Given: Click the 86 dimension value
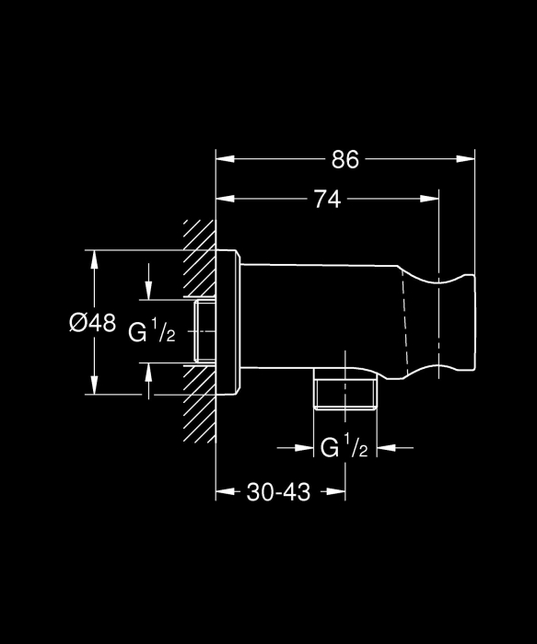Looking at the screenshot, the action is [x=345, y=159].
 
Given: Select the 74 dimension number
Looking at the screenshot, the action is [x=328, y=200].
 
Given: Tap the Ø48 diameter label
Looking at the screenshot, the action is [x=92, y=322].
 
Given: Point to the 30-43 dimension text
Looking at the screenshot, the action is [x=278, y=491].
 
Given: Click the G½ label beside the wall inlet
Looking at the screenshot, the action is [x=152, y=330].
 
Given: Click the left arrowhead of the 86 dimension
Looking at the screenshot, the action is [x=226, y=159].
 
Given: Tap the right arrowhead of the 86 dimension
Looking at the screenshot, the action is [x=465, y=159].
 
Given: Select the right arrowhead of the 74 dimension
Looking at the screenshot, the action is [x=429, y=199].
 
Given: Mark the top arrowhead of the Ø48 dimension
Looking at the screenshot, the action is [x=95, y=259].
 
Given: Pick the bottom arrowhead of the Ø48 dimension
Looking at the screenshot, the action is [x=95, y=385].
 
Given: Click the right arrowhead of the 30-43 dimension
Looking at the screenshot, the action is [x=336, y=491].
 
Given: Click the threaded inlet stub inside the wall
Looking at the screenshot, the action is [x=204, y=331].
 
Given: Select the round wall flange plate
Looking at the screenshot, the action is [x=228, y=322].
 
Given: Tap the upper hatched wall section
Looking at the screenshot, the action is [x=200, y=259].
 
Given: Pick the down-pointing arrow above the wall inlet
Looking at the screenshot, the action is [x=148, y=282].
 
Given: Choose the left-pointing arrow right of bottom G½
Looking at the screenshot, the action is [x=395, y=448].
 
